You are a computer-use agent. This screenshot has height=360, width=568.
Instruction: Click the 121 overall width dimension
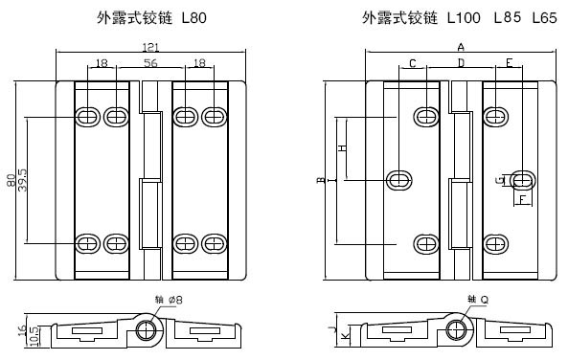pos(150,47)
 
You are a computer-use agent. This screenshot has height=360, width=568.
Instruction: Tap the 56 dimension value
pos(150,63)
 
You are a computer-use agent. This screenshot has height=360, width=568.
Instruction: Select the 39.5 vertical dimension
pos(22,180)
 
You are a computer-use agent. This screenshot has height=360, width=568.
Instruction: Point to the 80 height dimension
pos(11,180)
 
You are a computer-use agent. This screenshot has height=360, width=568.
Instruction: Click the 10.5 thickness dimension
pos(34,336)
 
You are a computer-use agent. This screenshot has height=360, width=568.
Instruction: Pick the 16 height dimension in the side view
pos(22,330)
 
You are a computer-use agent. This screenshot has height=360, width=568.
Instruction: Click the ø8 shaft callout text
pos(175,300)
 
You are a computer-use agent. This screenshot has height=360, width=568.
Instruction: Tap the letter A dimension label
pos(461,47)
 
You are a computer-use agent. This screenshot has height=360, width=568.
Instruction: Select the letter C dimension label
pos(413,63)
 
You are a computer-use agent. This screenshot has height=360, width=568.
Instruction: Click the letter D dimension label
pos(461,63)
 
